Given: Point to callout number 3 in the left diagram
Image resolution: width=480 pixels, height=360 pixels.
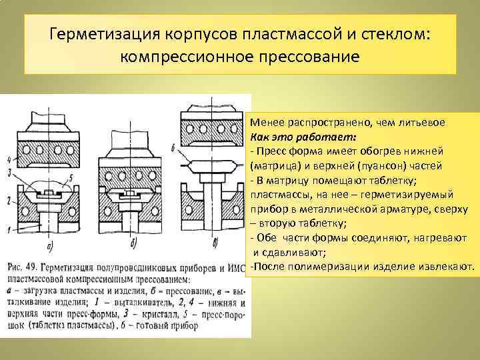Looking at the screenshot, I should click(8, 173).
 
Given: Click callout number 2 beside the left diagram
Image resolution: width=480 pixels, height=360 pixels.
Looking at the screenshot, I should click(8, 199).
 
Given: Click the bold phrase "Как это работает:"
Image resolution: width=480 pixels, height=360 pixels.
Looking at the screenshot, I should click(303, 137).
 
